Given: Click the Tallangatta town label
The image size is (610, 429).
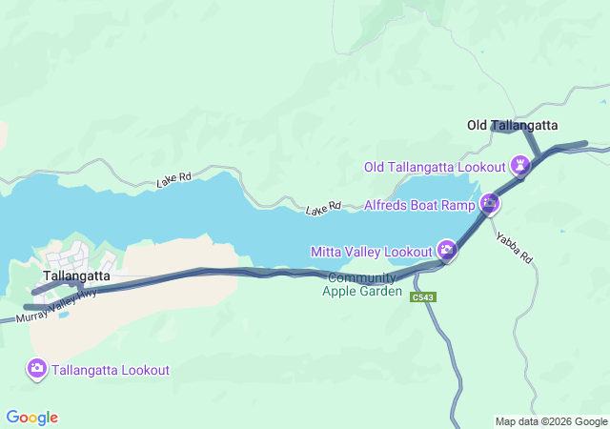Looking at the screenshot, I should pyautogui.click(x=71, y=276).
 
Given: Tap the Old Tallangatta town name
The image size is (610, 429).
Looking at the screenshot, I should pyautogui.click(x=512, y=125).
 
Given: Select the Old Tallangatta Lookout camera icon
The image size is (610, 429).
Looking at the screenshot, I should pyautogui.click(x=519, y=167).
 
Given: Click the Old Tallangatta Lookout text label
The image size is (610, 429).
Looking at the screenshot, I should pyautogui.click(x=435, y=167).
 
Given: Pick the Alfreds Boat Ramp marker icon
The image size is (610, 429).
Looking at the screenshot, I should pyautogui.click(x=490, y=203).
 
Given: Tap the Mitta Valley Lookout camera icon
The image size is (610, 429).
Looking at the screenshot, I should pyautogui.click(x=446, y=251).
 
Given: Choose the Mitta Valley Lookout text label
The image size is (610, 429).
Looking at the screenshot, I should pyautogui.click(x=371, y=252).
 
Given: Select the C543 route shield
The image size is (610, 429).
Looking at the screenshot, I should pyautogui.click(x=423, y=298).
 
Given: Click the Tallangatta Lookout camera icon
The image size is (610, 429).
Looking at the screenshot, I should pyautogui.click(x=37, y=369).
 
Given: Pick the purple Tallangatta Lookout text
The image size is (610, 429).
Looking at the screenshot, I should pyautogui.click(x=111, y=370).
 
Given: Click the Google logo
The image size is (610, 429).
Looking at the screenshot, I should pyautogui.click(x=31, y=418).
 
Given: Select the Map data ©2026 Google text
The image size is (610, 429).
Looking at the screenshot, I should pyautogui.click(x=550, y=421).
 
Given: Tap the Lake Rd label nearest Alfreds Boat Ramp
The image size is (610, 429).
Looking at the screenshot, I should pyautogui.click(x=323, y=207).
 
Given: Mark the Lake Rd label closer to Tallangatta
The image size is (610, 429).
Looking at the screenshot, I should pyautogui.click(x=174, y=178).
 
